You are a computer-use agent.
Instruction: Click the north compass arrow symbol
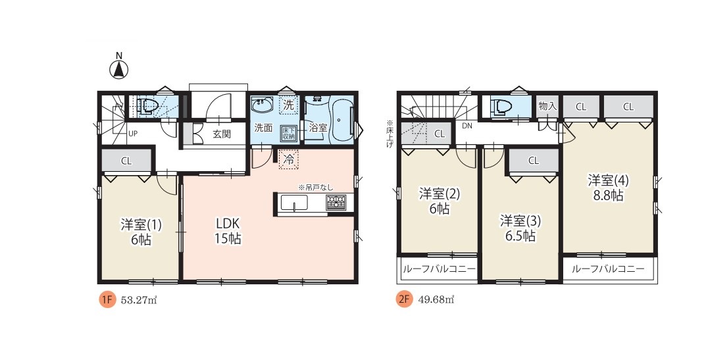[119, 69]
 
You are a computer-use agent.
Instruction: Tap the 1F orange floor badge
[108, 299]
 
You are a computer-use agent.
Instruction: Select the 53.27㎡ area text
[139, 300]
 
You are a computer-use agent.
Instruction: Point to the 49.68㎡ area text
[436, 300]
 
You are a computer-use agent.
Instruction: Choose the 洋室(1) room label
[141, 224]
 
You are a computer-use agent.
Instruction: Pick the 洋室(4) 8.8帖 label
[608, 188]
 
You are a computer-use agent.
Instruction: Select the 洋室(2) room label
[440, 193]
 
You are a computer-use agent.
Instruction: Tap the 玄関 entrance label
[222, 134]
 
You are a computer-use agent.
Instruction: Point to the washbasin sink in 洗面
[262, 105]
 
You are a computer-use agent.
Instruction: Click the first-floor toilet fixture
[149, 107]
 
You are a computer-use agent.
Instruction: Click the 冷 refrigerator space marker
[289, 159]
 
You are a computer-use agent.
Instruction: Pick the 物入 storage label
[547, 107]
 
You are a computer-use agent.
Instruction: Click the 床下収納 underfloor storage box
[288, 132]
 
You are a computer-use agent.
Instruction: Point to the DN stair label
[467, 126]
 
